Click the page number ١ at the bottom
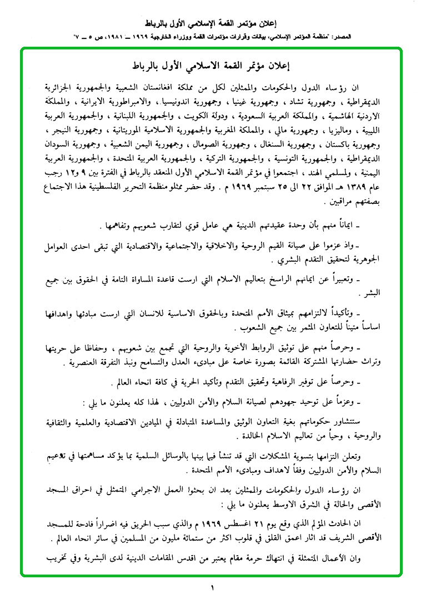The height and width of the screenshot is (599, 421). [x=212, y=587]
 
